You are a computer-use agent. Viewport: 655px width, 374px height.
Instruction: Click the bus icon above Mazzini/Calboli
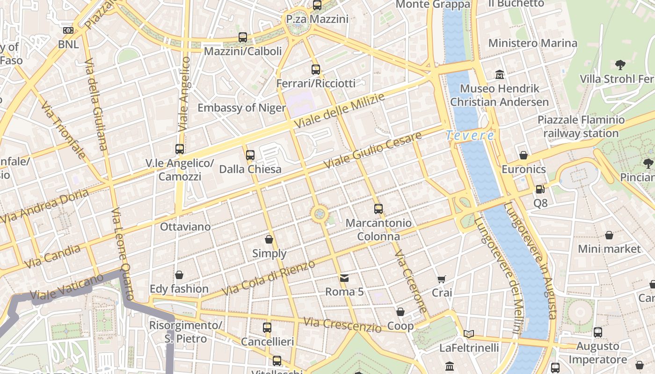point(242,37)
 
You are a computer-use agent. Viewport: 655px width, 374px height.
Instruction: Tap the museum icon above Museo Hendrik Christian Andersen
point(500,74)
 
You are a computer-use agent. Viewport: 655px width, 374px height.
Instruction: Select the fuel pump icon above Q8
point(540,189)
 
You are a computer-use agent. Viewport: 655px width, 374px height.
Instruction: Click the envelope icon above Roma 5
point(344,278)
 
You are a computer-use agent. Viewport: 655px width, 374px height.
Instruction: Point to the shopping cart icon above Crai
point(442,279)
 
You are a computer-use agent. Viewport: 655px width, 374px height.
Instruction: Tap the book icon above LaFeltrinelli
point(469,334)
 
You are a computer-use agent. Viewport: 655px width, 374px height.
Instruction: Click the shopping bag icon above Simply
point(269,239)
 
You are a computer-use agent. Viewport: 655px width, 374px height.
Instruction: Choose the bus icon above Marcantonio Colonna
point(378,209)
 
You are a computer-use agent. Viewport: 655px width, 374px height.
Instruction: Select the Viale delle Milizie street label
point(340,111)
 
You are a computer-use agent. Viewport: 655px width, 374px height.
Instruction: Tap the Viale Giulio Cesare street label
point(372,151)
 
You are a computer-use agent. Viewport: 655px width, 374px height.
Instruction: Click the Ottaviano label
point(185,227)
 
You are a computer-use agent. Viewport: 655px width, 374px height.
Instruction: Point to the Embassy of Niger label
point(241,108)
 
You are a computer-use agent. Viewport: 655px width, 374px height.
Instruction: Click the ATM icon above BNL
point(68,30)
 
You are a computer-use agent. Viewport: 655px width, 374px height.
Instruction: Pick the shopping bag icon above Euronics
point(524,155)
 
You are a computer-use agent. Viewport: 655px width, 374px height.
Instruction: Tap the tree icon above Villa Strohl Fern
point(620,65)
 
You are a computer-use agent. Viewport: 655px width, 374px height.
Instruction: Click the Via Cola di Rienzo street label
point(269,278)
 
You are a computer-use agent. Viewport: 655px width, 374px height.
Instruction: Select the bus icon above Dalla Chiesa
point(250,155)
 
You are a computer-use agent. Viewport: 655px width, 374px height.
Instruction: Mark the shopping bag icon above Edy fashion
point(179,274)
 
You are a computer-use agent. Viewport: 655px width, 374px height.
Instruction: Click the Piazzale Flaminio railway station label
point(581,127)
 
